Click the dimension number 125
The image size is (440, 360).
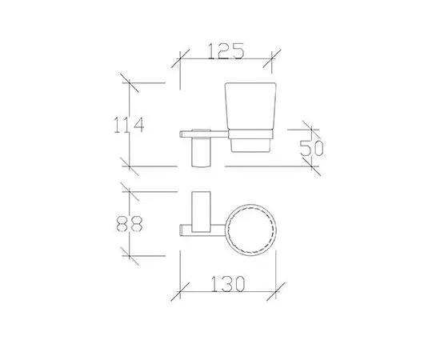click(x=226, y=51)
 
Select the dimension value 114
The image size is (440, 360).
click(x=129, y=124)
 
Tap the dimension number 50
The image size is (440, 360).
click(x=311, y=148)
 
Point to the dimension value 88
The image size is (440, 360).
click(x=130, y=224)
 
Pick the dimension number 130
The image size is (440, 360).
click(x=227, y=284)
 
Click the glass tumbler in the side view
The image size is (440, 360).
click(x=250, y=118)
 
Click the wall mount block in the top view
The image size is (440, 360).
click(x=201, y=213)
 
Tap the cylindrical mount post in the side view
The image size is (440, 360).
click(x=201, y=152)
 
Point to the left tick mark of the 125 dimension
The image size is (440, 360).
click(x=180, y=59)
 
